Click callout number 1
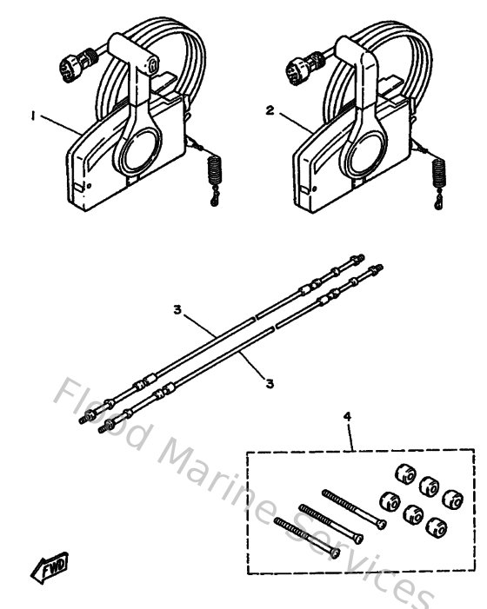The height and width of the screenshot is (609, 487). (34, 117)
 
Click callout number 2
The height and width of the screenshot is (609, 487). (270, 110)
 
